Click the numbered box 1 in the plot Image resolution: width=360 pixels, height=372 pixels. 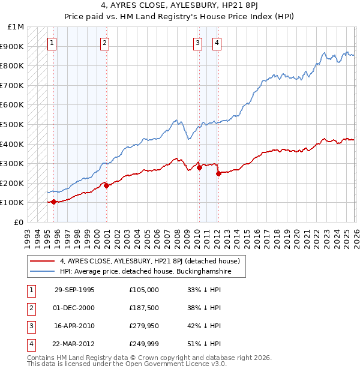[52, 43]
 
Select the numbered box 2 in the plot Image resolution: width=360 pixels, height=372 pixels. [104, 43]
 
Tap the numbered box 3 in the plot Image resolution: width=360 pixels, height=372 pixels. [197, 43]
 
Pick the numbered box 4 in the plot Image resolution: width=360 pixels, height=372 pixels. [216, 43]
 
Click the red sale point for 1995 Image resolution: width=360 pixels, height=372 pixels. [54, 202]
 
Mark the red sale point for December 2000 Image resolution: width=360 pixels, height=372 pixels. [106, 185]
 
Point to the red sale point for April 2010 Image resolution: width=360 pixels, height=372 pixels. [199, 167]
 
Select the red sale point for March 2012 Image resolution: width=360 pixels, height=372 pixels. [218, 173]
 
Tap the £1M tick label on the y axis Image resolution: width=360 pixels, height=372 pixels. [16, 27]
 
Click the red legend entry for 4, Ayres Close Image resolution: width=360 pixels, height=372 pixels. [149, 261]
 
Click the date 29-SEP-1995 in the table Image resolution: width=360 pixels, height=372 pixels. [74, 290]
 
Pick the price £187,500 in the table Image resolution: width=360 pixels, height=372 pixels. [144, 308]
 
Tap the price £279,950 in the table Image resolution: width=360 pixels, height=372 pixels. [144, 326]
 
